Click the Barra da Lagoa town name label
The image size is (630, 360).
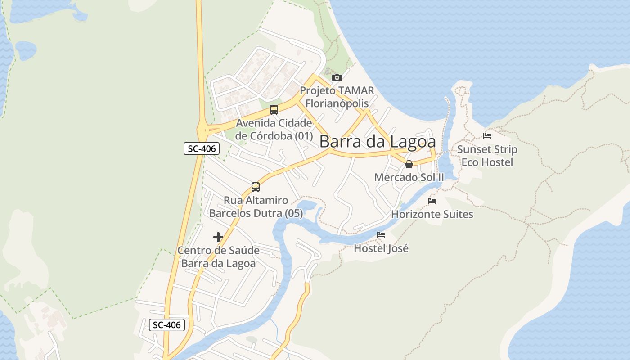pos(378,142)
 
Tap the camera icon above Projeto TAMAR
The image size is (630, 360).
pos(337,77)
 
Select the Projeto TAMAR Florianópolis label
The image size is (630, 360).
pos(337,97)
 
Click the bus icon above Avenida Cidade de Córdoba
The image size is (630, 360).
pos(274,109)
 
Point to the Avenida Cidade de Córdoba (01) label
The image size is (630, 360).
pos(274,130)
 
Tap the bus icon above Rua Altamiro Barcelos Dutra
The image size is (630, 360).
pos(256,187)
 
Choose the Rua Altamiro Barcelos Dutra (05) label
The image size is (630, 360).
pos(256,207)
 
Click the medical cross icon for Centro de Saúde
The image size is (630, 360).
pos(218,237)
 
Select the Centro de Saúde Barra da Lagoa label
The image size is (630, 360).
pos(218,257)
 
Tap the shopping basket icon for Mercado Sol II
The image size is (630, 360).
pos(409,164)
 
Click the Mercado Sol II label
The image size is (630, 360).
pos(409,177)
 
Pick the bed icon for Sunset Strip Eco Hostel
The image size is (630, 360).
pos(487,135)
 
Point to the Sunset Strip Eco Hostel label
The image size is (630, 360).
pos(487,156)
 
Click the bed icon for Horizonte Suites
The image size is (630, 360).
pos(432,201)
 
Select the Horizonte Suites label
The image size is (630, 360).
pos(432,214)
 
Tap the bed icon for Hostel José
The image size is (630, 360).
pos(381,234)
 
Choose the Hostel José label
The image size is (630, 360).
pos(381,248)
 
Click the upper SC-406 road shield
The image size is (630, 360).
pos(202,148)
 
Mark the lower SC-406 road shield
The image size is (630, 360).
pos(167,325)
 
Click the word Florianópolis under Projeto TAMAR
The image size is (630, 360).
pos(337,103)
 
